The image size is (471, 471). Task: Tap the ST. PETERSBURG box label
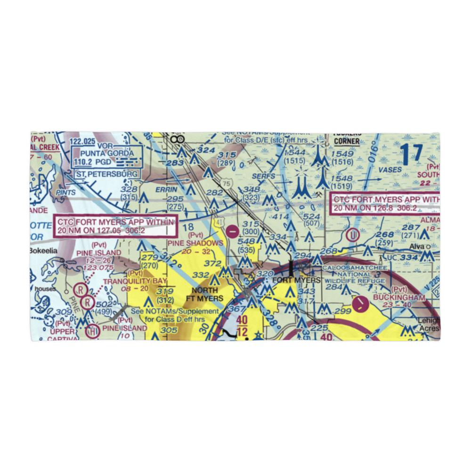click(107, 174)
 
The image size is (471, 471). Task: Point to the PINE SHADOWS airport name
click(195, 243)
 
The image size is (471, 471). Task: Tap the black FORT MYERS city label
click(296, 280)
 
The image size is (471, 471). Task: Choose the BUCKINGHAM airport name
click(399, 298)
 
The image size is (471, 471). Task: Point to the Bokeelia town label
click(43, 251)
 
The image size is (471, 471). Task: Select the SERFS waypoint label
click(263, 177)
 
